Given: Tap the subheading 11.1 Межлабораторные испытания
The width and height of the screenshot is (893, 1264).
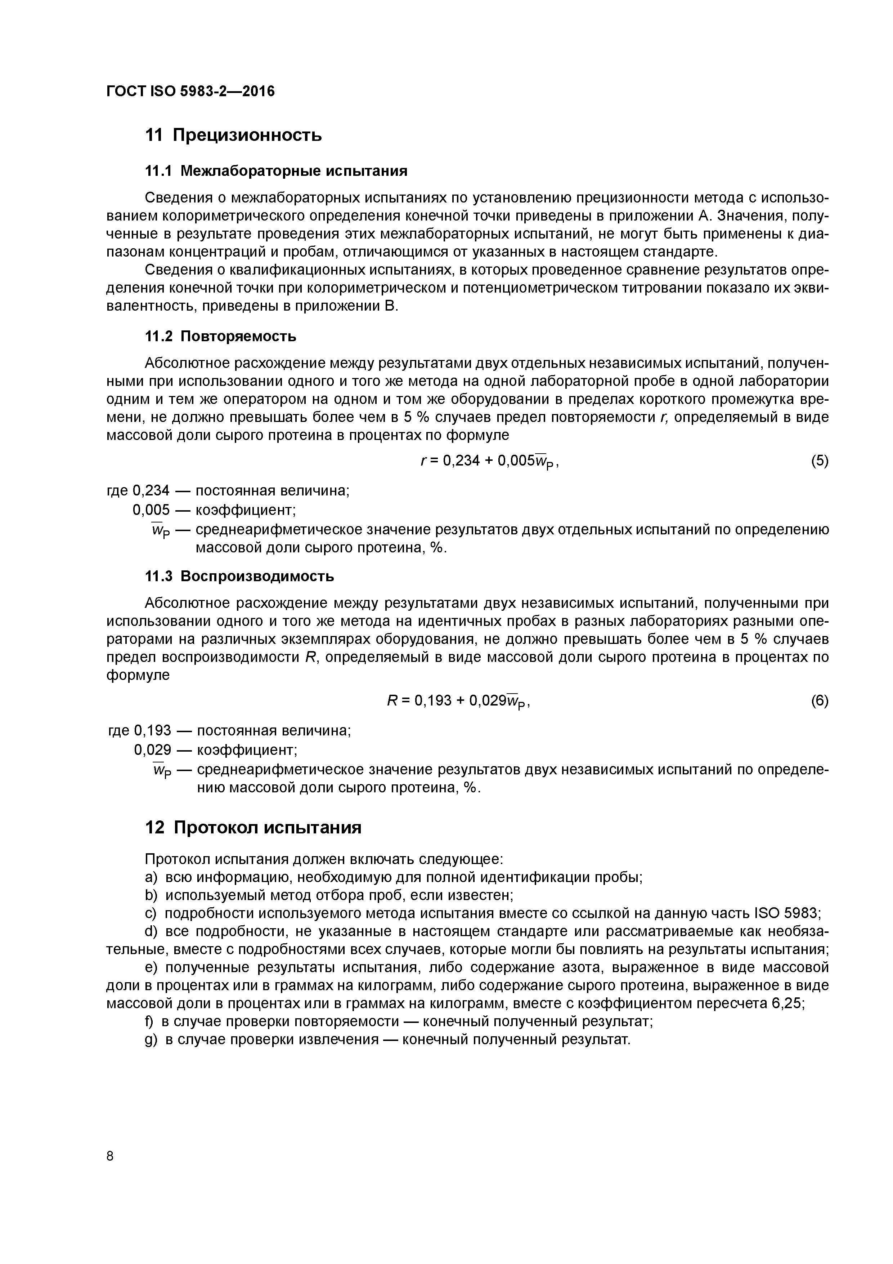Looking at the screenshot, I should tap(276, 171).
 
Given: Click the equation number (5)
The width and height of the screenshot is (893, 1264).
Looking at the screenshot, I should tap(819, 461).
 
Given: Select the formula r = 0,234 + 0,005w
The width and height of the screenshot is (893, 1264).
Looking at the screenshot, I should tap(489, 461).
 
